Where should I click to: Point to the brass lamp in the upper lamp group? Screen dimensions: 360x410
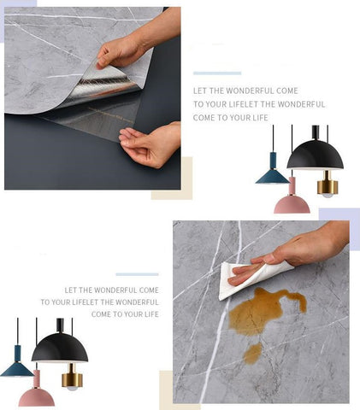click(328, 184)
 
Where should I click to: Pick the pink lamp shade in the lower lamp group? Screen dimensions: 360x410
click(37, 395)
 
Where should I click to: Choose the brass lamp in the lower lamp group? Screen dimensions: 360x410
click(72, 377)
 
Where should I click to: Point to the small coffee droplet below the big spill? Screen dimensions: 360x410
click(252, 353)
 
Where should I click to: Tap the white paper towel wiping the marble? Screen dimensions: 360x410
click(251, 280)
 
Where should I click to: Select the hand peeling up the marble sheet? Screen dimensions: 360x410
click(134, 43)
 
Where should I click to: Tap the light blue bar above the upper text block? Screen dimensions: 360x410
click(217, 73)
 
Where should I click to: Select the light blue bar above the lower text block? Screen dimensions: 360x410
click(137, 274)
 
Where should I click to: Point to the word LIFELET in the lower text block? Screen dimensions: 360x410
click(86, 302)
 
